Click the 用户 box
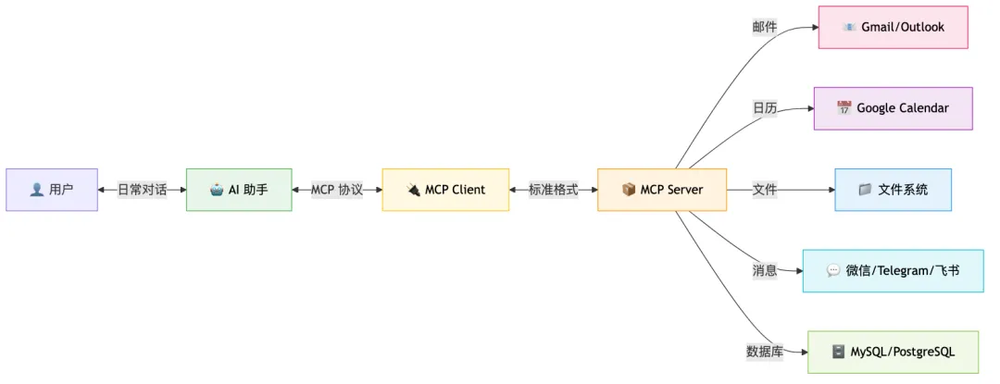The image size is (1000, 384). point(51,190)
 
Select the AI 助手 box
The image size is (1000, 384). point(239,190)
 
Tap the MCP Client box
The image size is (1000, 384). point(445,190)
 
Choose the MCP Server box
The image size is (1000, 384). point(662,190)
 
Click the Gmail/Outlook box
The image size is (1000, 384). point(893,27)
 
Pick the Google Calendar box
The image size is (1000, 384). point(893,108)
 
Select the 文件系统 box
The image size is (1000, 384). point(893,190)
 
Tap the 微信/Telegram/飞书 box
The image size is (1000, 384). point(893,271)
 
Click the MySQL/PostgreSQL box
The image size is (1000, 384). point(893,353)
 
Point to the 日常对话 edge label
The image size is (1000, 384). point(142,190)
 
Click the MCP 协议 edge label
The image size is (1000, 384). point(337,190)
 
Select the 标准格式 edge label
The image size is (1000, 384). point(553,190)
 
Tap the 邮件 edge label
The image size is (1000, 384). point(765,27)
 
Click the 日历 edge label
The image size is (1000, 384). point(765,108)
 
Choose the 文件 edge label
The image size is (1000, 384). point(765,190)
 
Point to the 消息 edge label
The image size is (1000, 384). point(765,271)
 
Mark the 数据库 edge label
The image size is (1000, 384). point(765,353)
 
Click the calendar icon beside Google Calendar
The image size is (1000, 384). point(844,108)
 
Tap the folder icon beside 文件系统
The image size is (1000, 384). point(865,190)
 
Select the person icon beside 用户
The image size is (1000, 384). point(36,190)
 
